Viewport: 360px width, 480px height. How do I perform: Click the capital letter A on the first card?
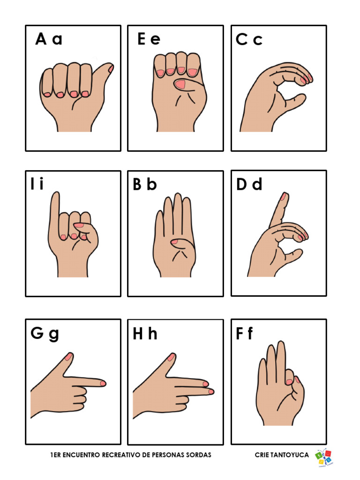41,39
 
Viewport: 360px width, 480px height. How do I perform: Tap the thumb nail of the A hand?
111,68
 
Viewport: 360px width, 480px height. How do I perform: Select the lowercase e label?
155,40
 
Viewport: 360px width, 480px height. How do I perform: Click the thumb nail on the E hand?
180,84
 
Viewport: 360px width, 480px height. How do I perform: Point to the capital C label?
241,40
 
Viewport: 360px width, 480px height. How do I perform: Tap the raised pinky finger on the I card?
55,206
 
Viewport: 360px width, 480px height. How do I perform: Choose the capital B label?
137,185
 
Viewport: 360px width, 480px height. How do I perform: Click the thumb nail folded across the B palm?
174,242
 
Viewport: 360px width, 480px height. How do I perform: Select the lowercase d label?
257,185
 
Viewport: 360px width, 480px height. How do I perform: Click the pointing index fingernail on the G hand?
103,383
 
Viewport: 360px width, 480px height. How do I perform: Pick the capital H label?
138,334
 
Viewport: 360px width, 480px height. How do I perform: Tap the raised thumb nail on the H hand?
171,357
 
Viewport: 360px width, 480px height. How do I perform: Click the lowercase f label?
250,334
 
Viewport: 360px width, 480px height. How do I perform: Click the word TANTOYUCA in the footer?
289,455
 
